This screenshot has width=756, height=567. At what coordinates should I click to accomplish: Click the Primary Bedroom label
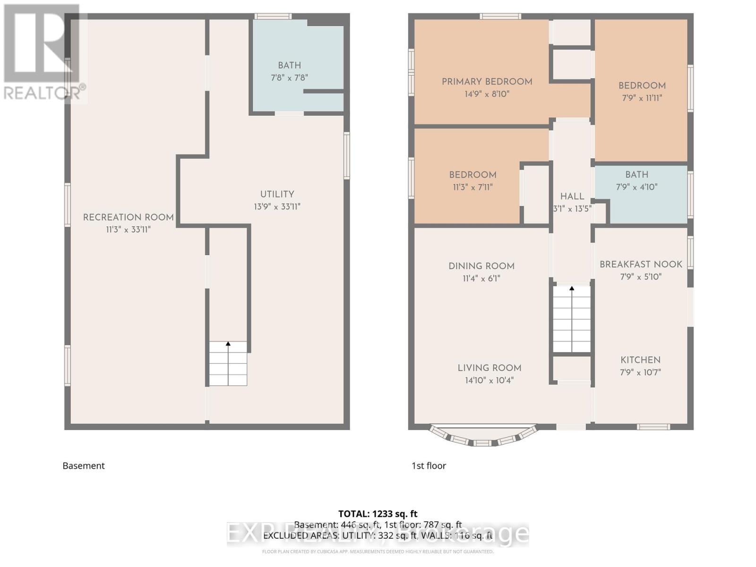click(x=487, y=82)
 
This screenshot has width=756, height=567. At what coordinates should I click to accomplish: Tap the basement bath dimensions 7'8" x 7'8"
click(x=289, y=77)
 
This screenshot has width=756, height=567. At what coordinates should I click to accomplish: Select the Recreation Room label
click(x=129, y=217)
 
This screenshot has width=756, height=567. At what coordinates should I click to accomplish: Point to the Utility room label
click(x=277, y=194)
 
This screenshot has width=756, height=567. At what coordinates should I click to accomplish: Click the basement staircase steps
click(x=228, y=363)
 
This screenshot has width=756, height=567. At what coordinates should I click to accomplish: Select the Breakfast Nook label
click(x=641, y=264)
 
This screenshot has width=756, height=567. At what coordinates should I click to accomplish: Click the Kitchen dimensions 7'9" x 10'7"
click(x=640, y=372)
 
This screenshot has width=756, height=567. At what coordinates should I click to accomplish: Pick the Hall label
click(x=572, y=196)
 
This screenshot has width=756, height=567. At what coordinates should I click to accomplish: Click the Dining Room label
click(x=481, y=266)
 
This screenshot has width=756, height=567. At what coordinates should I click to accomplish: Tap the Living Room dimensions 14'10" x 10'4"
click(x=489, y=380)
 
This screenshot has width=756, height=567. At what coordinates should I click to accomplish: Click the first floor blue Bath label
click(x=636, y=174)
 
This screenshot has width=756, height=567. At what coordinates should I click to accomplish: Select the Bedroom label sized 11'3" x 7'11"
click(x=472, y=175)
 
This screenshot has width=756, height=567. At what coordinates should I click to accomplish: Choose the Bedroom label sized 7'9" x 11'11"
click(x=642, y=86)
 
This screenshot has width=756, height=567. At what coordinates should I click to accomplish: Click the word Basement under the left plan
click(x=84, y=465)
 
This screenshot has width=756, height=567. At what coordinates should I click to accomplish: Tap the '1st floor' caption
click(x=429, y=465)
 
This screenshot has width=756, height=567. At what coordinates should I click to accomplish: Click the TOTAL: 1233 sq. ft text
click(x=378, y=514)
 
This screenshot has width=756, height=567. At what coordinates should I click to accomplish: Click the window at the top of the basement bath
click(x=273, y=17)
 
